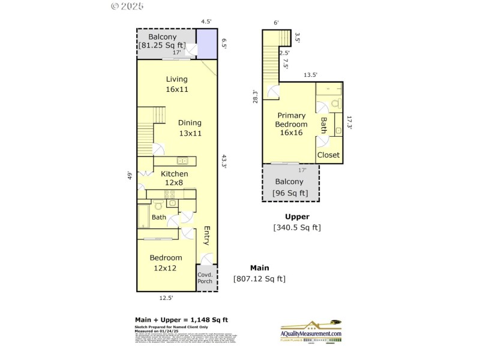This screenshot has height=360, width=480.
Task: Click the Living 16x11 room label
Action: pyautogui.click(x=177, y=84)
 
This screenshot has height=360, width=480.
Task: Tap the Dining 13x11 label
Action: pyautogui.click(x=190, y=128)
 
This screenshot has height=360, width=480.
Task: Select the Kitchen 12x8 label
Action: pyautogui.click(x=175, y=178)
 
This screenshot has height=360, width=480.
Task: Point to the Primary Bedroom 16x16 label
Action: pyautogui.click(x=290, y=124)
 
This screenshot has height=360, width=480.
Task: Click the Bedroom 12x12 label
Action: pyautogui.click(x=166, y=262)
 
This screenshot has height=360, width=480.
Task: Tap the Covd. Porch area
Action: pyautogui.click(x=205, y=277)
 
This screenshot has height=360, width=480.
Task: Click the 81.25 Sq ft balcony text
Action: pyautogui.click(x=163, y=46)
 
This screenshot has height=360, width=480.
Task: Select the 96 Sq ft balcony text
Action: pyautogui.click(x=290, y=193)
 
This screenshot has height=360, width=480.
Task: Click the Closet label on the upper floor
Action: pyautogui.click(x=328, y=155)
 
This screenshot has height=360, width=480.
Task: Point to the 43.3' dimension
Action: pyautogui.click(x=223, y=162)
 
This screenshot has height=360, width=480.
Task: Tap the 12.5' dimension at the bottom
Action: pyautogui.click(x=166, y=297)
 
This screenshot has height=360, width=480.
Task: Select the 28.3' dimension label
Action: pyautogui.click(x=256, y=97)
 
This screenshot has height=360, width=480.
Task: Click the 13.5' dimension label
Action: pyautogui.click(x=310, y=75)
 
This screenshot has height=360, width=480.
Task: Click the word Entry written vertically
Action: pyautogui.click(x=206, y=236)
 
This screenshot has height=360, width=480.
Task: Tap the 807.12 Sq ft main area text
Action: pyautogui.click(x=259, y=278)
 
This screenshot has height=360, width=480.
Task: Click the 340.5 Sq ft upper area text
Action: pyautogui.click(x=297, y=227)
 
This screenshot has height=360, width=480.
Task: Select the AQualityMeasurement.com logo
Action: pyautogui.click(x=311, y=331)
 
